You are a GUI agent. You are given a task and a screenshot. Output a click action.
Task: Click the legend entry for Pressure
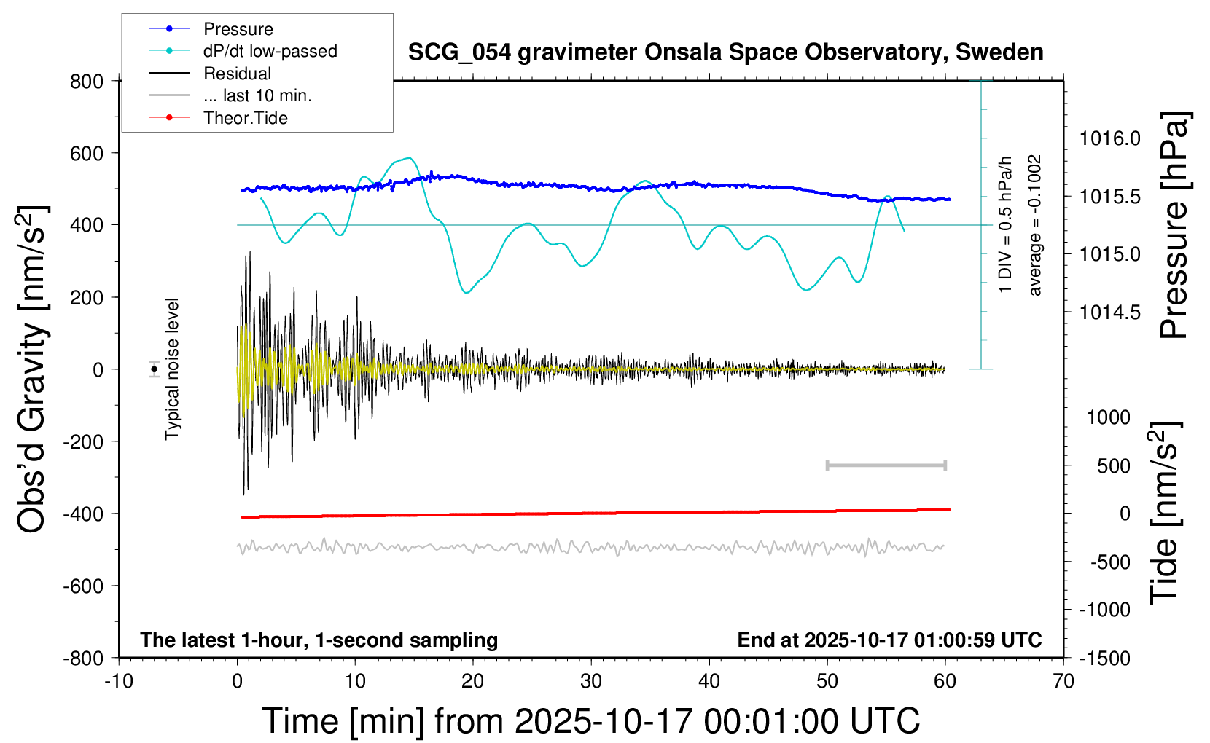point(238,29)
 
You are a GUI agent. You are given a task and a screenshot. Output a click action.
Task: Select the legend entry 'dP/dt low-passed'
point(270,51)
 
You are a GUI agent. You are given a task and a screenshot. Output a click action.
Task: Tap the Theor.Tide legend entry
point(245,118)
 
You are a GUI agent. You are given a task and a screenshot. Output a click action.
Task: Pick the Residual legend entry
point(237,74)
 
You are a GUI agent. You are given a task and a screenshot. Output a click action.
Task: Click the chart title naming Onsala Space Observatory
point(725,52)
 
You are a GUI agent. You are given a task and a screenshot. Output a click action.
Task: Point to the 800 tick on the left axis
point(87,82)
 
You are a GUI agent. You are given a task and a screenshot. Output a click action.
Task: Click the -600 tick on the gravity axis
point(83,586)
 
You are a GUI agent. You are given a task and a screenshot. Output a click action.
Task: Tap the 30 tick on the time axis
point(591,682)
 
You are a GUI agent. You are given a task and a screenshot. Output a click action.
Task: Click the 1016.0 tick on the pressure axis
point(1109,138)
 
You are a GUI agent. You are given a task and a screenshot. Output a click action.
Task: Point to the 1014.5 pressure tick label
point(1109,312)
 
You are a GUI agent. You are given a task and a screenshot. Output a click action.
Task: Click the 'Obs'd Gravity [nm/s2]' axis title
point(32,369)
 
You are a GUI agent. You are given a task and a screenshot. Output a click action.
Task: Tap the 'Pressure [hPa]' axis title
point(1174,226)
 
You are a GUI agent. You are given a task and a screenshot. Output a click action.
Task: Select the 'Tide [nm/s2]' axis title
point(1164,513)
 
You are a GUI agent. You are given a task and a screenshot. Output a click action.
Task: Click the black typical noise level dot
point(154,369)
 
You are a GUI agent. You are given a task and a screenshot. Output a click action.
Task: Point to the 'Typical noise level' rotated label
point(172,369)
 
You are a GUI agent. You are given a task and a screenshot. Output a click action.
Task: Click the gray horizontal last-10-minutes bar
point(886,465)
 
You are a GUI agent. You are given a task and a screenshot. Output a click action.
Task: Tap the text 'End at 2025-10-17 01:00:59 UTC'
point(889,640)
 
